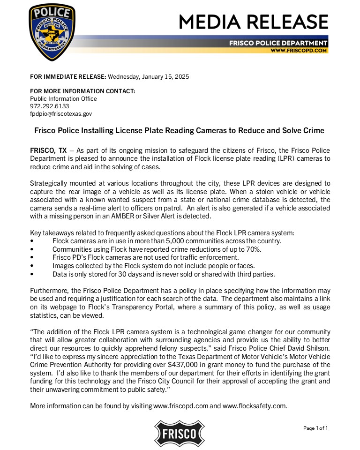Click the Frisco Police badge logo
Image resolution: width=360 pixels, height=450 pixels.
tap(52, 32)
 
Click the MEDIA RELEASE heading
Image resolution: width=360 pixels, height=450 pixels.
tap(253, 22)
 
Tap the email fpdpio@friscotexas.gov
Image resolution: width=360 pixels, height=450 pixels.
tap(61, 114)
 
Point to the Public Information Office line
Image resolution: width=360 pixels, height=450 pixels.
tap(63, 99)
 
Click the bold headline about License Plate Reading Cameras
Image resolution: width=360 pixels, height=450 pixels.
tap(180, 130)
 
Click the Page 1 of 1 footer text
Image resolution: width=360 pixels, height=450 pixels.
tap(315, 427)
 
